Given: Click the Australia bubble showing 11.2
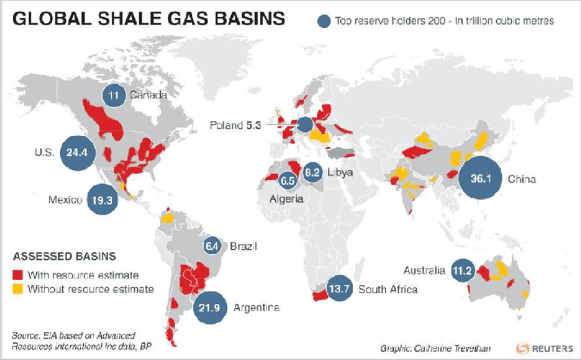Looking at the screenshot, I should (x=463, y=271).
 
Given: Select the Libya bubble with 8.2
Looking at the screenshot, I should (x=312, y=172).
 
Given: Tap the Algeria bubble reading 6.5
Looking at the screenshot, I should (x=288, y=182).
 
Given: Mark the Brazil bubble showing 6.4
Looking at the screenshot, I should (x=213, y=246).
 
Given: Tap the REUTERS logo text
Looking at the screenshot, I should (x=550, y=347).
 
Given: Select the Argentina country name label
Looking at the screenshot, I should (x=257, y=308).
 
